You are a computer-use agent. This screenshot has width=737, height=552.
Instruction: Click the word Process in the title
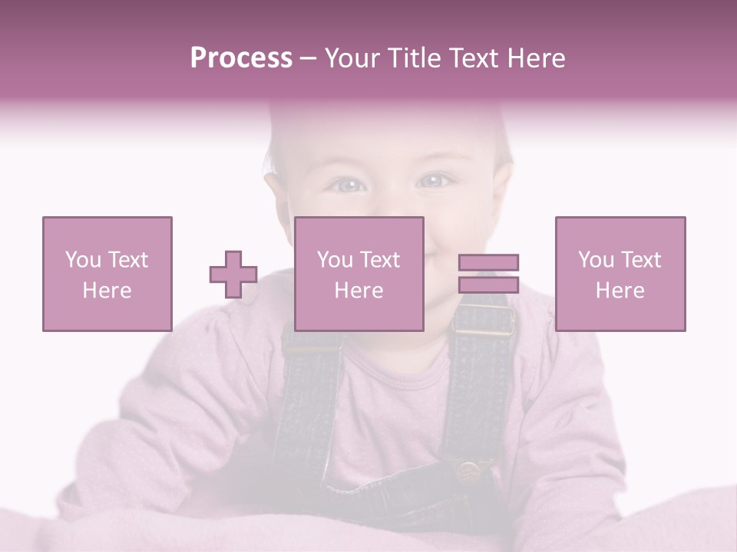point(241,58)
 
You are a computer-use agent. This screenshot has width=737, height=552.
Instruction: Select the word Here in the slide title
point(536,58)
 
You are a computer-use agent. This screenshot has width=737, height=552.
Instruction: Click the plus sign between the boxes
point(233,274)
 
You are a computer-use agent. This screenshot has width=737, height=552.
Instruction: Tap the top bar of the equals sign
point(488,262)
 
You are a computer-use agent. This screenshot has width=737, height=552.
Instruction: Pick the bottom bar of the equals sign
point(488,285)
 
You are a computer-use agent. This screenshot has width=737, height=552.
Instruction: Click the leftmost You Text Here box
point(107,274)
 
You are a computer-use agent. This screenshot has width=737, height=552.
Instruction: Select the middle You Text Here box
point(359,274)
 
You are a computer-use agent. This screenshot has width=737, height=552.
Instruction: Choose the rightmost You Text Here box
point(620,274)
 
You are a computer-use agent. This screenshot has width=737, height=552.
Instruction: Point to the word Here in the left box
point(107,290)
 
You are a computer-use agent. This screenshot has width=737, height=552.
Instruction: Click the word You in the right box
point(596,260)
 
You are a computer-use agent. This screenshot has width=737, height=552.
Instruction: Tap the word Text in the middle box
point(380,260)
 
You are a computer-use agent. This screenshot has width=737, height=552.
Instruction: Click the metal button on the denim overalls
point(468,470)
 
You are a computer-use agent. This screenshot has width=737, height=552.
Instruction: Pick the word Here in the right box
point(620,290)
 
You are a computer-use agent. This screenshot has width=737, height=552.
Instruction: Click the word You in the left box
point(83,260)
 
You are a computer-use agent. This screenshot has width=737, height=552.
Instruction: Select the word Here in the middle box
point(359,290)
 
